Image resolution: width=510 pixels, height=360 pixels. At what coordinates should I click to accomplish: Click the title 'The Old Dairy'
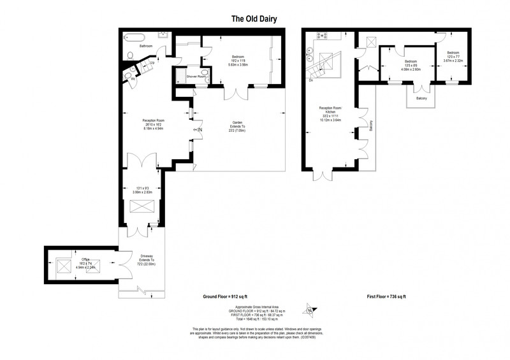pyautogui.click(x=254, y=19)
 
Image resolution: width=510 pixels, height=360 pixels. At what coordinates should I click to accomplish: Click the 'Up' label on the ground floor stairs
pyautogui.click(x=152, y=62)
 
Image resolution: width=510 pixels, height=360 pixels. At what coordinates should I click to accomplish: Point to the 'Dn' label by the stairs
pyautogui.click(x=311, y=80)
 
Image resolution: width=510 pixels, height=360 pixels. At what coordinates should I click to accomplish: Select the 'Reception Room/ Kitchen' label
pyautogui.click(x=330, y=111)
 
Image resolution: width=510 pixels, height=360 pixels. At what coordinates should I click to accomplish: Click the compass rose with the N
pyautogui.click(x=310, y=310)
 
